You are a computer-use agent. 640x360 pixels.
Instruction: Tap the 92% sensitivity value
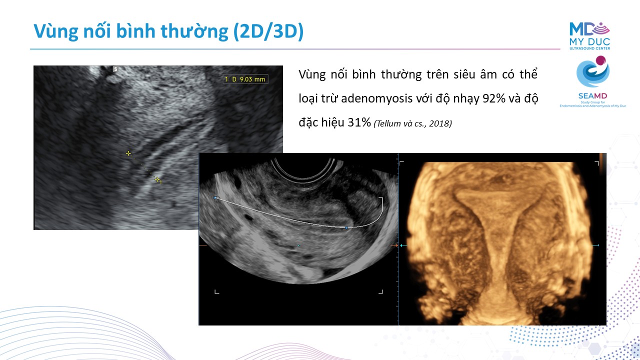(x=493, y=98)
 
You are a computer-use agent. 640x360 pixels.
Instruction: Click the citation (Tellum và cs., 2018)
(x=413, y=123)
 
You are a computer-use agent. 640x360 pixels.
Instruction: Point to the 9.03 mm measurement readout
(x=252, y=79)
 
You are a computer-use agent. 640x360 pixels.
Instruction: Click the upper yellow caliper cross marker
(x=128, y=153)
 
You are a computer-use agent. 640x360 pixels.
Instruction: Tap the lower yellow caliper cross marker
(x=157, y=179)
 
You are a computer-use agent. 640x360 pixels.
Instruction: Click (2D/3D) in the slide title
(x=268, y=31)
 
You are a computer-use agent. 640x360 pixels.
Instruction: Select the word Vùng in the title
(x=55, y=32)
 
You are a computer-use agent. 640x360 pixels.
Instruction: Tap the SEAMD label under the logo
(x=592, y=96)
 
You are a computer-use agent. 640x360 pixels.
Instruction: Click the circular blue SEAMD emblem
(x=593, y=71)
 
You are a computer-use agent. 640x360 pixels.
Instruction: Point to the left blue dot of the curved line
(x=215, y=197)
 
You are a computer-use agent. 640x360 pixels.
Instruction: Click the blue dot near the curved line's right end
(x=346, y=227)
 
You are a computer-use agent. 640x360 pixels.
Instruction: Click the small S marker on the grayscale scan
(x=115, y=69)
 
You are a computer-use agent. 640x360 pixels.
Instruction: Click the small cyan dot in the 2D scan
(x=299, y=245)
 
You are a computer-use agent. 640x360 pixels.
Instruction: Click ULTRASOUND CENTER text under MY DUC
(x=589, y=48)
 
